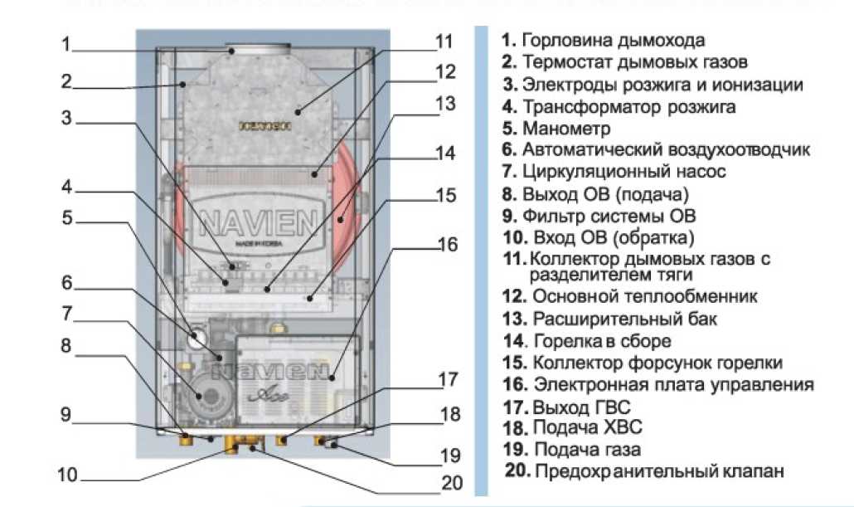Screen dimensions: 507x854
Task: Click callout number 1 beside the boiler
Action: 66,43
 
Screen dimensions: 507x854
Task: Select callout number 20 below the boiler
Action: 452,482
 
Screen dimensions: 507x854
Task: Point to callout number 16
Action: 447,245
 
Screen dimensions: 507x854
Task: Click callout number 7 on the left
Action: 66,314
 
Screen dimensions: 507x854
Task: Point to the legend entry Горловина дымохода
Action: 614,40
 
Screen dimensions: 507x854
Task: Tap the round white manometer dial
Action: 198,339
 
